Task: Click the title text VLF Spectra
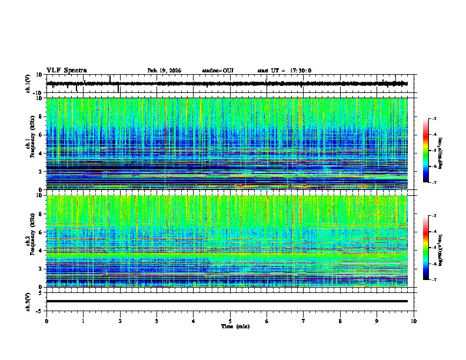(66, 70)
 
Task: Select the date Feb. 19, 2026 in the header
(164, 71)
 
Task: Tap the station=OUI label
(218, 71)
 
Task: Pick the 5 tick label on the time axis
(230, 321)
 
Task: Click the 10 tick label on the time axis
(414, 321)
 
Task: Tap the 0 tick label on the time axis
(46, 321)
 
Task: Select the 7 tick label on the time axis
(304, 321)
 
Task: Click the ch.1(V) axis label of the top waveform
(28, 84)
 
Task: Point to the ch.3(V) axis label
(28, 301)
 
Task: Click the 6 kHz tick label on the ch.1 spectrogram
(42, 135)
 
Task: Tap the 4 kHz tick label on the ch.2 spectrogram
(42, 250)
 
